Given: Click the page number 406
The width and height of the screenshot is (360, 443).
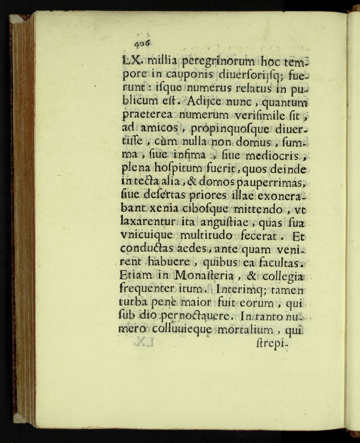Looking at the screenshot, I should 142,43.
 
